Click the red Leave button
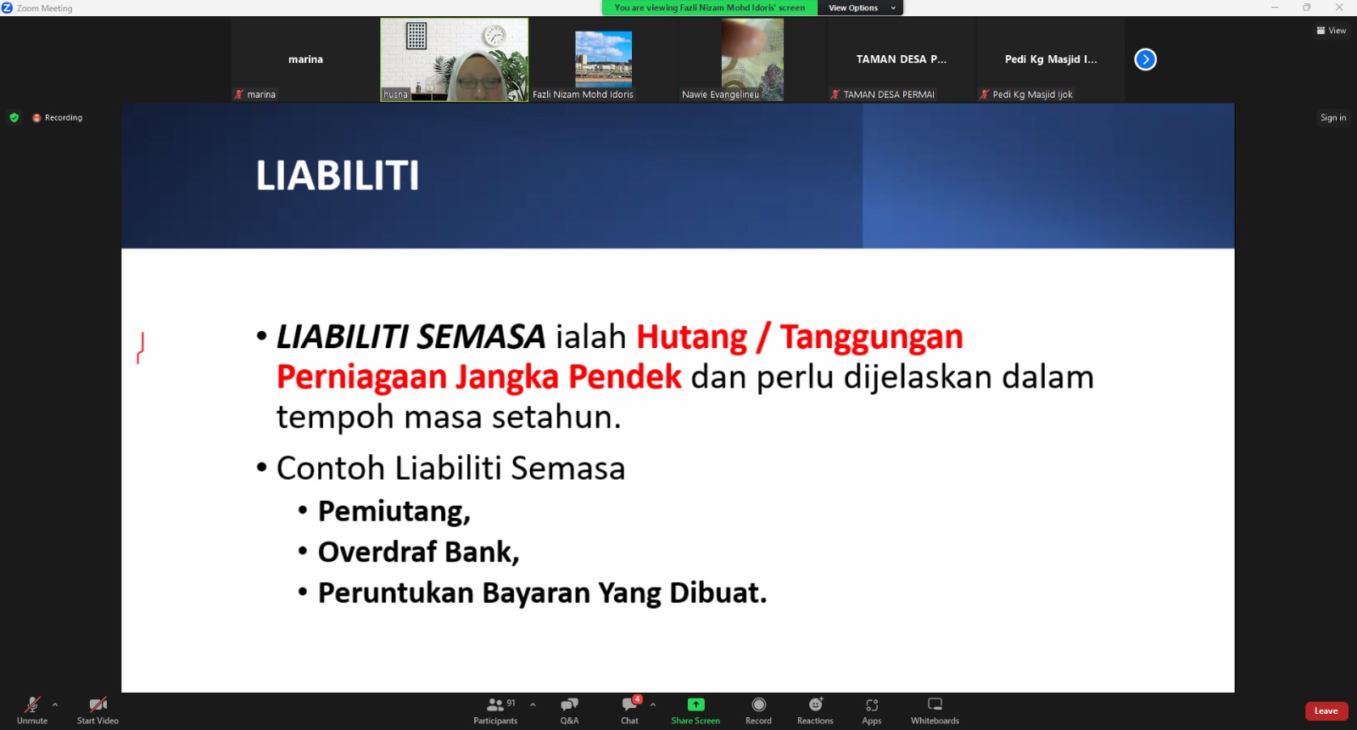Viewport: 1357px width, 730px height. point(1326,710)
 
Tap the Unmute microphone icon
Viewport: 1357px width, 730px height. point(31,705)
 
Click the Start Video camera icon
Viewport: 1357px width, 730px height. point(98,705)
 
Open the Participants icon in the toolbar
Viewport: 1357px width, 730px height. point(495,705)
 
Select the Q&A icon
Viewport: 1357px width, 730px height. point(569,705)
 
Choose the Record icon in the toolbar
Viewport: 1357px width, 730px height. point(758,705)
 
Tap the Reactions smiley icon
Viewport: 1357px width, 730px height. point(815,705)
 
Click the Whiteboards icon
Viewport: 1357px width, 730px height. point(935,705)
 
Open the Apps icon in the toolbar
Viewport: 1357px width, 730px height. point(872,705)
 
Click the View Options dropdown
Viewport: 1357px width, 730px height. point(860,8)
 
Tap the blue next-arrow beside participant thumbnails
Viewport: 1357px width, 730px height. point(1145,59)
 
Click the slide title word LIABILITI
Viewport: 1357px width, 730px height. point(338,176)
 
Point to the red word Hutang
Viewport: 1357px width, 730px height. point(691,336)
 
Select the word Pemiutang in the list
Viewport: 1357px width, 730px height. point(394,511)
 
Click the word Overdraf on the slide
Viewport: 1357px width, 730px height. point(377,552)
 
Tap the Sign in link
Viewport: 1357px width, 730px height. point(1332,118)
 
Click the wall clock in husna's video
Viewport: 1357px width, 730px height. point(494,36)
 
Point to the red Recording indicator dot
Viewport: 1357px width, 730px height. point(36,118)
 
